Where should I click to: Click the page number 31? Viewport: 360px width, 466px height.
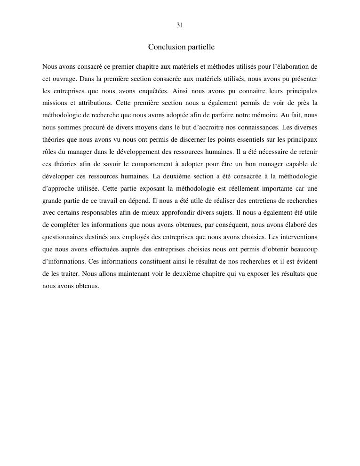(x=180, y=25)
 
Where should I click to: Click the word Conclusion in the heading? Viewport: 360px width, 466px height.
(x=164, y=47)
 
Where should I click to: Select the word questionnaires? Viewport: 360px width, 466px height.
(x=64, y=237)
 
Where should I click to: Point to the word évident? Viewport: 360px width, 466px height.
(x=306, y=262)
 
